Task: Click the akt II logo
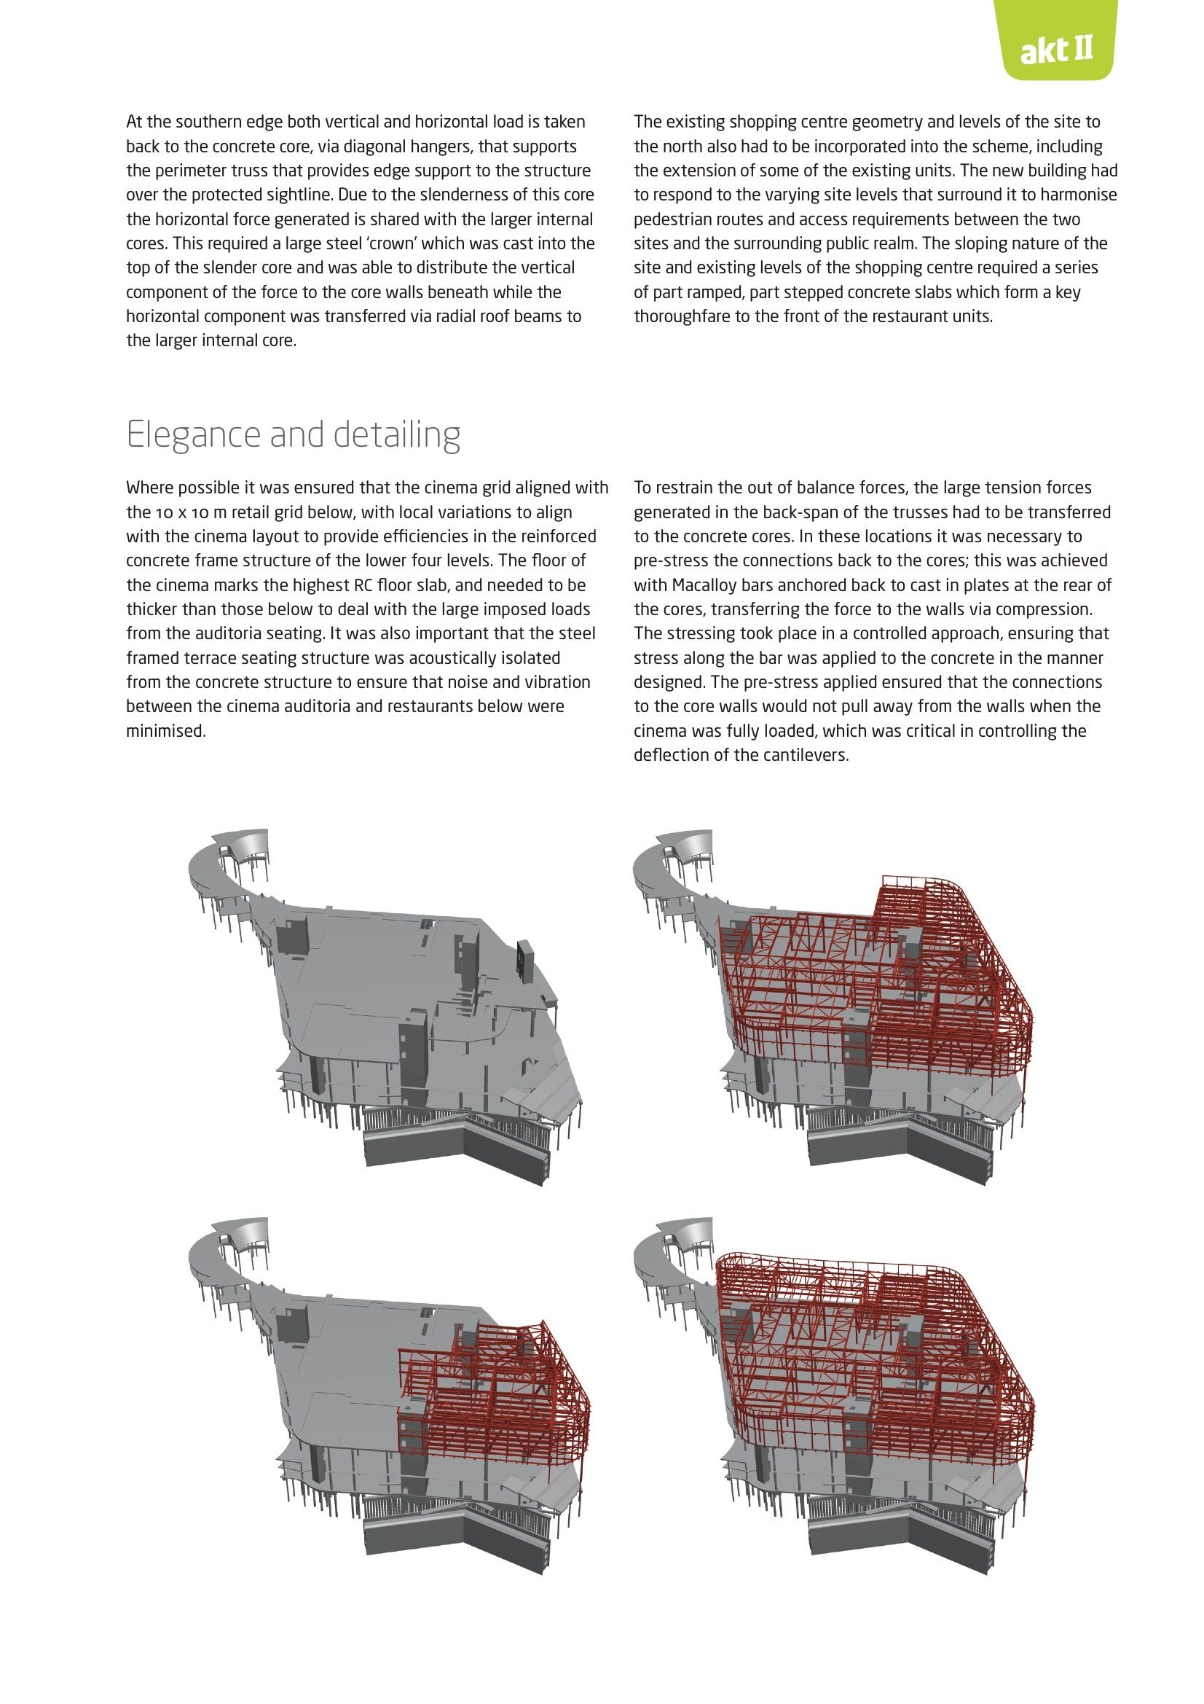point(1056,51)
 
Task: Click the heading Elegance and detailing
point(294,435)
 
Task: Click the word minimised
point(165,731)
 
